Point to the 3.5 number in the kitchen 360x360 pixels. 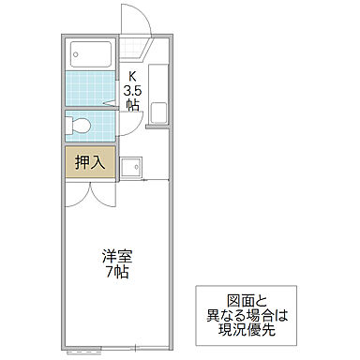click(x=132, y=92)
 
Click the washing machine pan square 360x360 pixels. click(x=135, y=167)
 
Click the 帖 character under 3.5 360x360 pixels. click(x=132, y=106)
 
